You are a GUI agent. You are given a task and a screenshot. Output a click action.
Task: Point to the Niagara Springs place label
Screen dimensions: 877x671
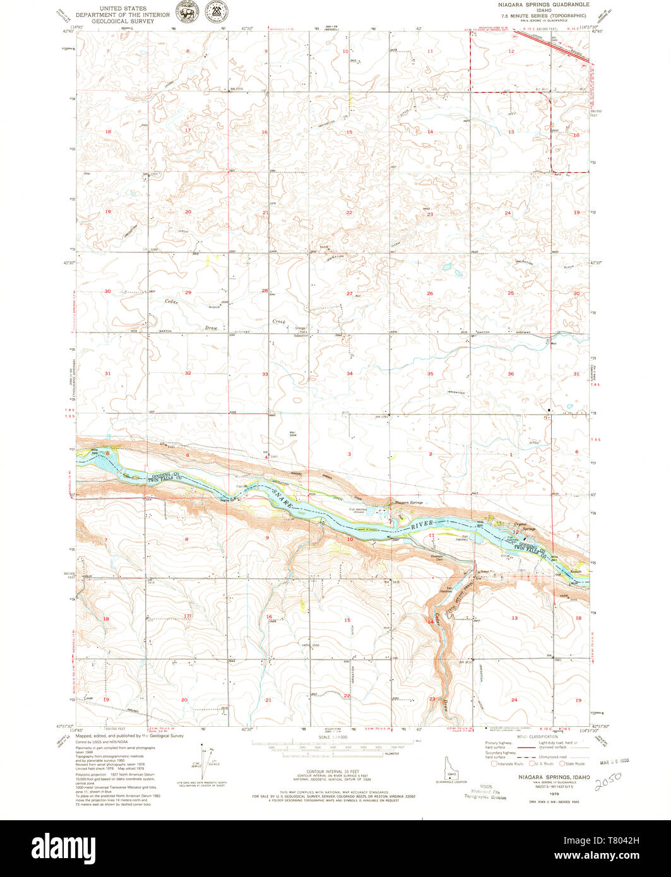point(408,502)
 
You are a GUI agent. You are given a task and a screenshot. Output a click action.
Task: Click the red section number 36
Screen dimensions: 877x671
point(510,374)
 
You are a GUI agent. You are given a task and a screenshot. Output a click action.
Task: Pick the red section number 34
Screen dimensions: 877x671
point(349,374)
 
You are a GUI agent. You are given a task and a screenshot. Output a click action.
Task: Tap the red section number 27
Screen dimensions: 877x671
point(349,293)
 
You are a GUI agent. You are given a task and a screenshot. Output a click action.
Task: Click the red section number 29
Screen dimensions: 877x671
point(188,292)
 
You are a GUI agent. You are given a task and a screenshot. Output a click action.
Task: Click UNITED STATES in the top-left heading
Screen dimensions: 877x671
point(127,9)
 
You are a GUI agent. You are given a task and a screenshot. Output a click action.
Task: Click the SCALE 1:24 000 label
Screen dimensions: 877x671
point(333,737)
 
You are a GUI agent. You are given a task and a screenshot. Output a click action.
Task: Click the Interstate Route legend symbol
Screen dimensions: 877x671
point(494,763)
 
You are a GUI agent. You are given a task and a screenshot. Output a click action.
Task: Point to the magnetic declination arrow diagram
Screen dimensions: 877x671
point(203,763)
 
